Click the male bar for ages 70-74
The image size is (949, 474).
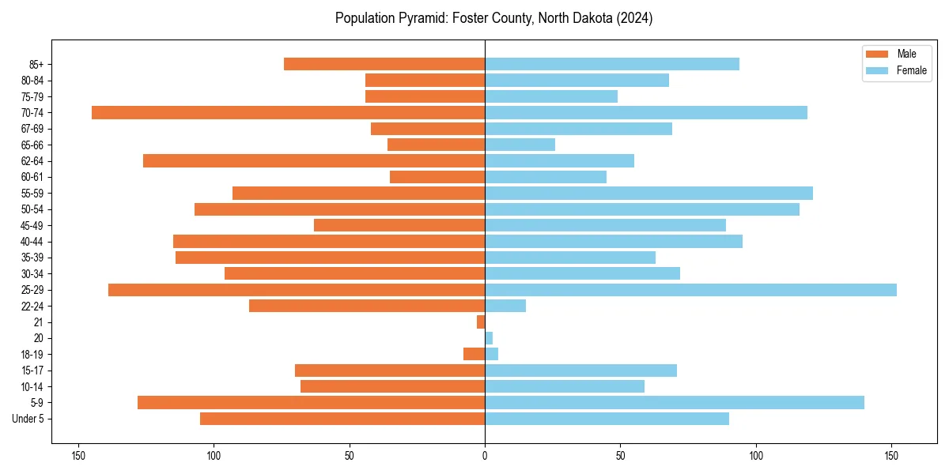(288, 112)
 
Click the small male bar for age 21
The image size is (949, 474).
(481, 322)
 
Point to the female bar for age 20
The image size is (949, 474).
(489, 338)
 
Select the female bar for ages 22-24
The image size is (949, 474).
(505, 306)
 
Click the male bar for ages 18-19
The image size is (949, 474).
(475, 354)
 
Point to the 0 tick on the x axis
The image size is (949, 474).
(485, 456)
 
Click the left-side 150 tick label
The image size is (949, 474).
(78, 456)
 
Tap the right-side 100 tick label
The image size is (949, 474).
(756, 456)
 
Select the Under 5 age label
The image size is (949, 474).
(29, 419)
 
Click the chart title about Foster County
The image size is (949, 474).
(493, 18)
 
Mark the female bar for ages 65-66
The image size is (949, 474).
(520, 145)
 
